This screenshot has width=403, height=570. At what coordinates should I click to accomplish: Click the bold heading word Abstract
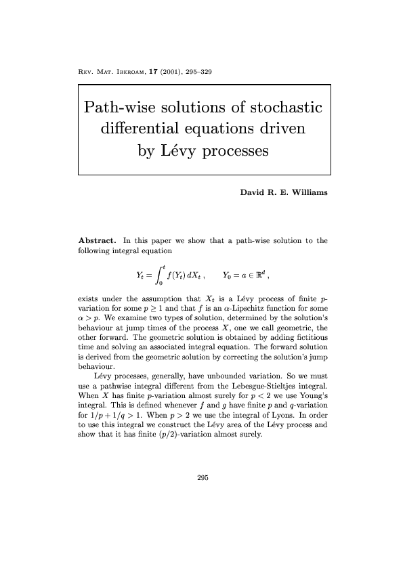coord(99,240)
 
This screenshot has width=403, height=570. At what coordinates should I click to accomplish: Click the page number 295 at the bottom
coord(202,478)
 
